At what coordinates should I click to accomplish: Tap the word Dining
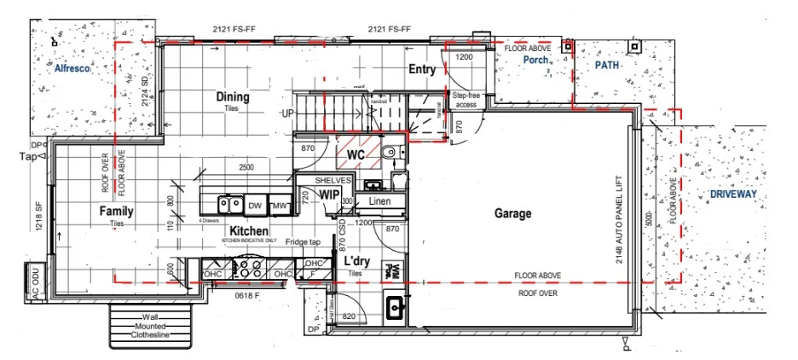(232, 97)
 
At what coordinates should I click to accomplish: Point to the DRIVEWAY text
(733, 195)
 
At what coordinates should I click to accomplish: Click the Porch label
(535, 61)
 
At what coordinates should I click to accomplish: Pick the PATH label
(608, 65)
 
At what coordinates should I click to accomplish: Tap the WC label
(356, 154)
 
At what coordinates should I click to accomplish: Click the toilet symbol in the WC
(389, 154)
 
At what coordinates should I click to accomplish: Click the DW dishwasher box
(254, 206)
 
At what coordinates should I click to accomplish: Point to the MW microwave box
(279, 206)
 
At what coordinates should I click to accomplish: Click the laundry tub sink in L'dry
(396, 306)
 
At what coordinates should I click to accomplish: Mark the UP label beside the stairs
(289, 113)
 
